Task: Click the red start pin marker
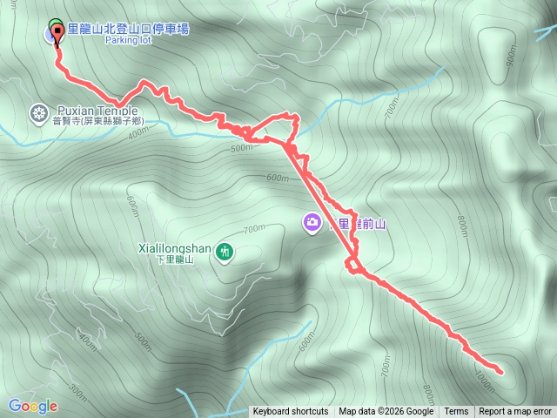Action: click(x=58, y=33)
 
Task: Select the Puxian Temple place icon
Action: click(x=38, y=112)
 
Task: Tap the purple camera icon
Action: click(x=312, y=223)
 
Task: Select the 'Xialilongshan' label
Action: click(x=174, y=247)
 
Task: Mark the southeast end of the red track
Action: click(x=500, y=372)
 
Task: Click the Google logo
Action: click(x=33, y=406)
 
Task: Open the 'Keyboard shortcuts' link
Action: click(x=291, y=412)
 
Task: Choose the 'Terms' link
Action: click(x=456, y=412)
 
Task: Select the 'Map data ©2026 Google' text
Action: click(x=386, y=412)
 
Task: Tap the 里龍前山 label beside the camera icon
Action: click(x=357, y=224)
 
